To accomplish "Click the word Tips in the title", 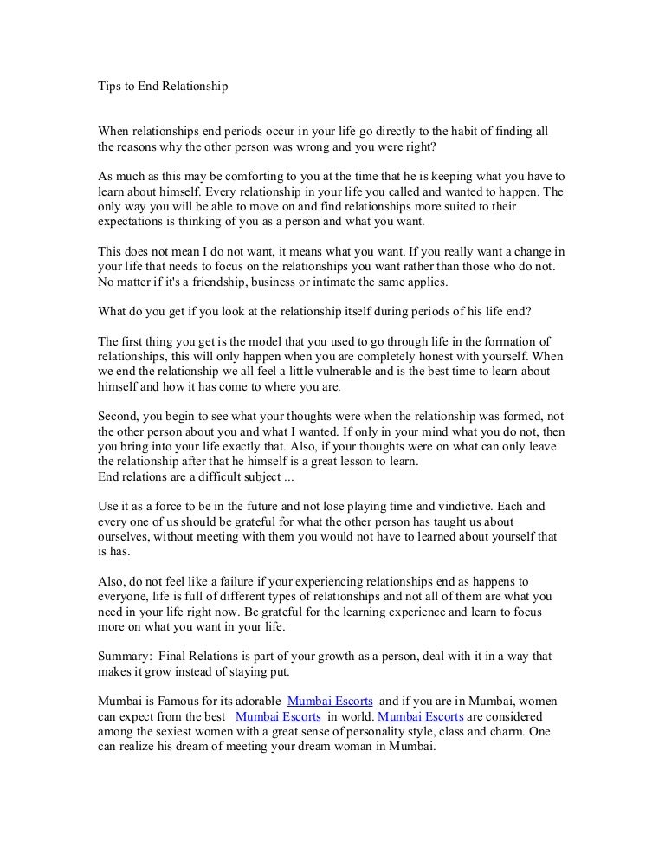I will (x=107, y=87).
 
